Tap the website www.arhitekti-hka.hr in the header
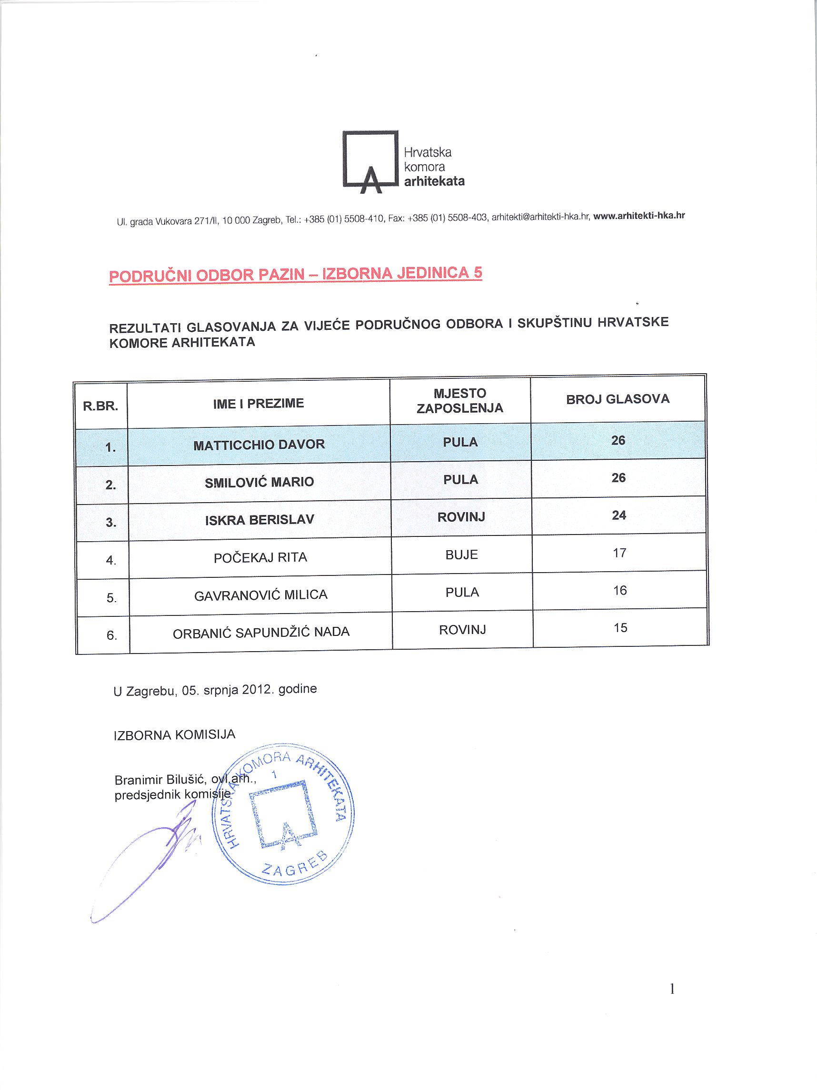(638, 215)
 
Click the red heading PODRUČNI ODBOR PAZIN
(295, 275)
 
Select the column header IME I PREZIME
(258, 404)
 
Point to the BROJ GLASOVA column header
(618, 399)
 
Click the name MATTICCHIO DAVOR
(259, 445)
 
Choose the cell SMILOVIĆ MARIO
(259, 482)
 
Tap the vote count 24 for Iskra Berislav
(618, 515)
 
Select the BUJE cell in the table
(461, 555)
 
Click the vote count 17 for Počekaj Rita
(619, 553)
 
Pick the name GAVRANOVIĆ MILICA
(261, 595)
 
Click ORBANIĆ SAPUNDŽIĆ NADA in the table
(261, 632)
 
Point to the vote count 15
(620, 628)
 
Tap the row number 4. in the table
(111, 560)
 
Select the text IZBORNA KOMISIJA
(174, 735)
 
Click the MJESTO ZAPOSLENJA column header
(460, 401)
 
